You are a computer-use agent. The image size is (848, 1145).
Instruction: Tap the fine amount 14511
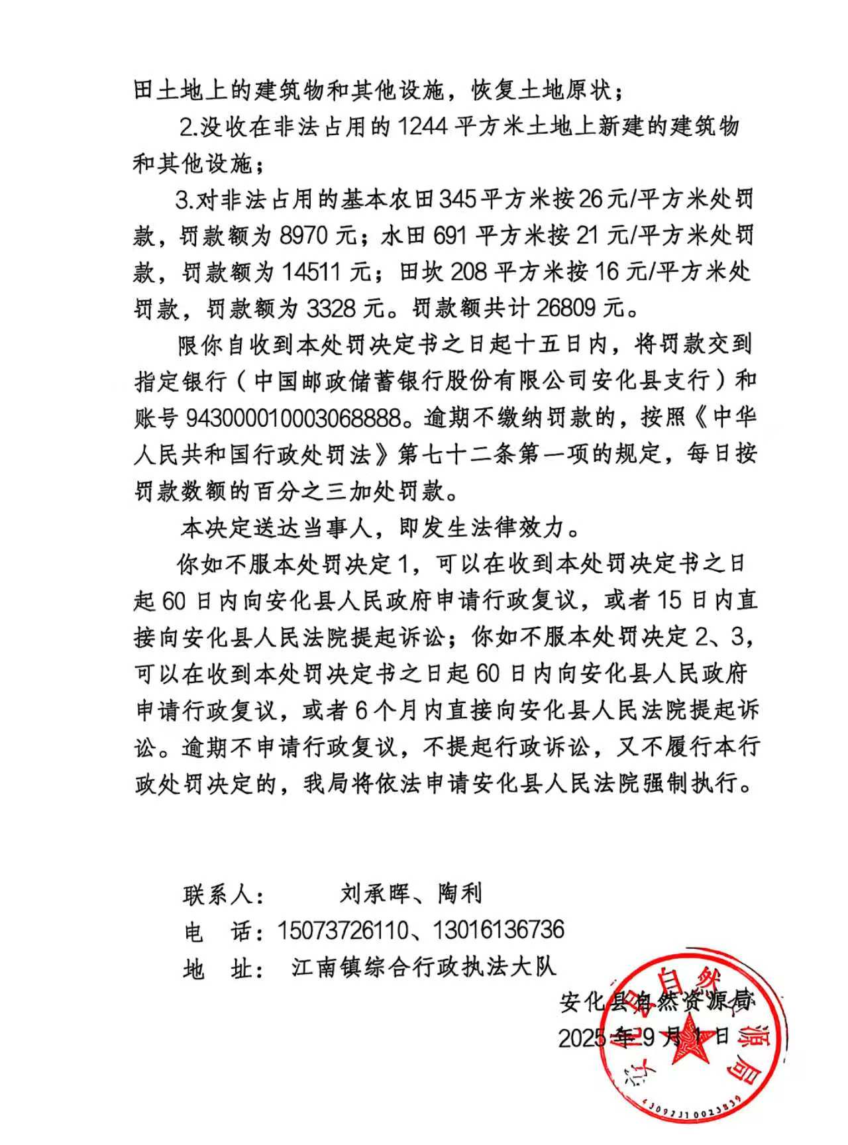[315, 272]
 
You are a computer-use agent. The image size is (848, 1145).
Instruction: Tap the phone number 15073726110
[343, 930]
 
